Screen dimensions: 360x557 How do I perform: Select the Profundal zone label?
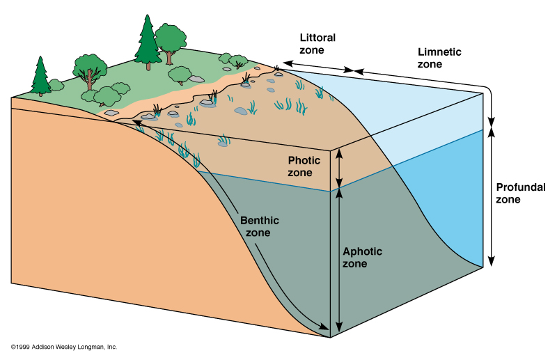[x=517, y=193]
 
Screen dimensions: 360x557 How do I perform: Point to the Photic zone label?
[x=304, y=166]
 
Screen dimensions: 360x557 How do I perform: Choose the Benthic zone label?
[x=259, y=226]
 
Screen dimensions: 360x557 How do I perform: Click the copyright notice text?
[x=64, y=346]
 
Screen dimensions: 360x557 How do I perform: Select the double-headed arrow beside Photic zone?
[x=339, y=169]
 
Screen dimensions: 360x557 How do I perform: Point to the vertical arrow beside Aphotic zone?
[x=339, y=261]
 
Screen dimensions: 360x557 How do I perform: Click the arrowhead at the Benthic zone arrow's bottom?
[x=324, y=327]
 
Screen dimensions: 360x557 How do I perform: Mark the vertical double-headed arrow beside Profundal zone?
[x=492, y=195]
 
